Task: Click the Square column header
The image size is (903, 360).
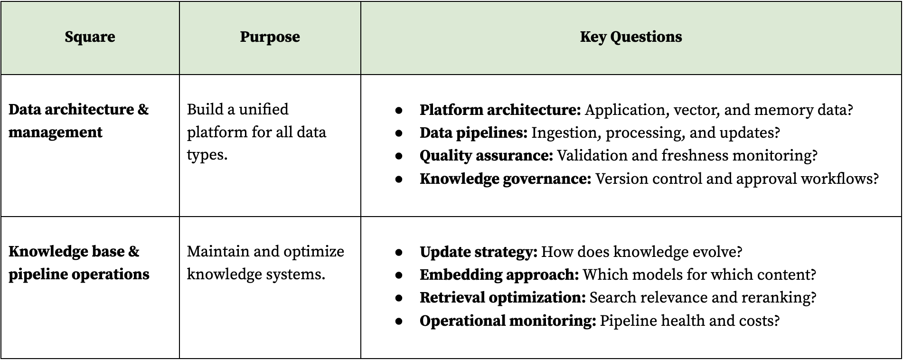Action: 90,37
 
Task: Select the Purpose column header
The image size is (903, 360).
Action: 270,37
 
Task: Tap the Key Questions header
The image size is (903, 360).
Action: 631,37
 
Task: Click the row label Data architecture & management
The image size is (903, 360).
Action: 79,121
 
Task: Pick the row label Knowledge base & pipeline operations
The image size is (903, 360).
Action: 79,263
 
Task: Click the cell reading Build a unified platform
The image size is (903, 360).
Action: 256,132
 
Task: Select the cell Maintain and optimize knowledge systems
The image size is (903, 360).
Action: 265,263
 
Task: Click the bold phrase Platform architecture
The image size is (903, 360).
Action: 500,110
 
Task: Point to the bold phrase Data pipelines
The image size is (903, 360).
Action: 473,133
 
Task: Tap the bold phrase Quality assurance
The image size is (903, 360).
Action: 486,156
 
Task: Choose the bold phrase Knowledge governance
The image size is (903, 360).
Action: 505,179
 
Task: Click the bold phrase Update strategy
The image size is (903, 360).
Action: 479,252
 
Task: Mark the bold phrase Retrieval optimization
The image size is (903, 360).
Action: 503,298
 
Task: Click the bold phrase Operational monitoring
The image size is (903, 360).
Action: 508,321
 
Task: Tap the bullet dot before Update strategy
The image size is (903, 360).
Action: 399,252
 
